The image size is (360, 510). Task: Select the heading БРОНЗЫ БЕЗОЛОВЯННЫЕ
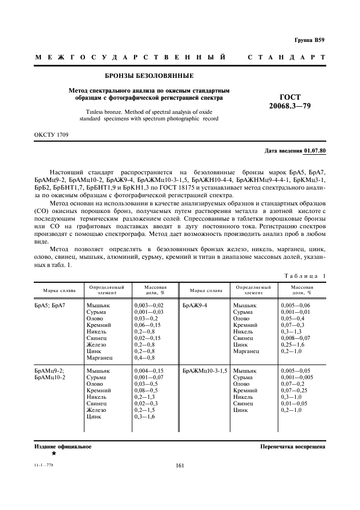[148, 76]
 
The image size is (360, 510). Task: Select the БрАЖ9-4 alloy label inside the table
[196, 306]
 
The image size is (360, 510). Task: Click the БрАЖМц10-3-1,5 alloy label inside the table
[205, 371]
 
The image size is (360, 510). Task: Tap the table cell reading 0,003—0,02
[148, 306]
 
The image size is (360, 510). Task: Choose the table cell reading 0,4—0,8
[144, 358]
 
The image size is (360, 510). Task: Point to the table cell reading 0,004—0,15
[149, 371]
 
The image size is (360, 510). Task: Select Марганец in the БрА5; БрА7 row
[100, 358]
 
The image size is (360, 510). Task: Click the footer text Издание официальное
[63, 447]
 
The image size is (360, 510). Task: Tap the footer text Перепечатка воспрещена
[292, 447]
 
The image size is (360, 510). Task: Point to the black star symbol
[53, 454]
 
